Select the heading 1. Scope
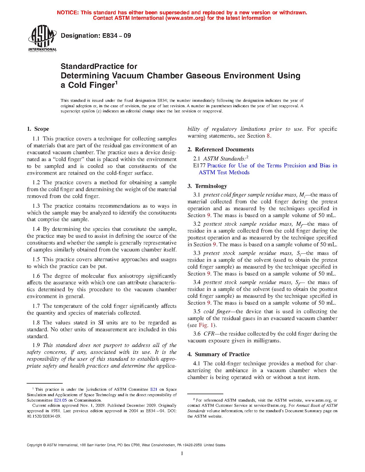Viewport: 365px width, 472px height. coord(38,129)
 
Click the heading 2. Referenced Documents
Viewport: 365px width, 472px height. coord(220,150)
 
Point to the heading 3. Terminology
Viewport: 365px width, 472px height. coord(207,186)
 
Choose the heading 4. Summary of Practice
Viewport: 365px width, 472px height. coord(218,354)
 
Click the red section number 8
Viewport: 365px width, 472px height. coord(268,136)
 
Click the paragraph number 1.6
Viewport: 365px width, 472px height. coord(36,276)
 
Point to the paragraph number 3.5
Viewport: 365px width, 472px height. coord(197,312)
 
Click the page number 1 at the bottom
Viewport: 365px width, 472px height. coord(182,453)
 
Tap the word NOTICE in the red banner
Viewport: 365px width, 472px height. coord(68,13)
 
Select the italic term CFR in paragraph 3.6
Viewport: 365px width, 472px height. coord(209,334)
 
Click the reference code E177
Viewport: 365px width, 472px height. coord(199,166)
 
